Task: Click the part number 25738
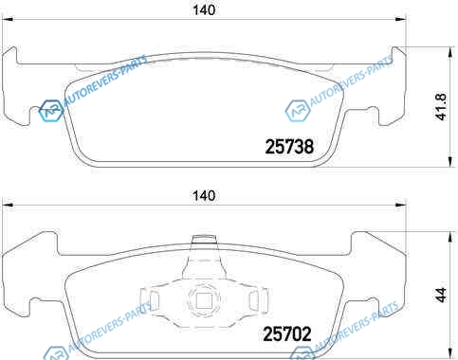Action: (x=289, y=147)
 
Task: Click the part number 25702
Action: (x=287, y=333)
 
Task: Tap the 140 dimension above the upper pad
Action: (x=204, y=10)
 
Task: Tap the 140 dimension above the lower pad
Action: (x=204, y=196)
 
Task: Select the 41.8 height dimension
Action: (x=442, y=106)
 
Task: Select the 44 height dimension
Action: (x=442, y=295)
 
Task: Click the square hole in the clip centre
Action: (x=203, y=300)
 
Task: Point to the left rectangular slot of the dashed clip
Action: (x=154, y=300)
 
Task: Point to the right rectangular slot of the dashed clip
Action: (x=254, y=300)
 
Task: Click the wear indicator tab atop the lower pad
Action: (x=204, y=239)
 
